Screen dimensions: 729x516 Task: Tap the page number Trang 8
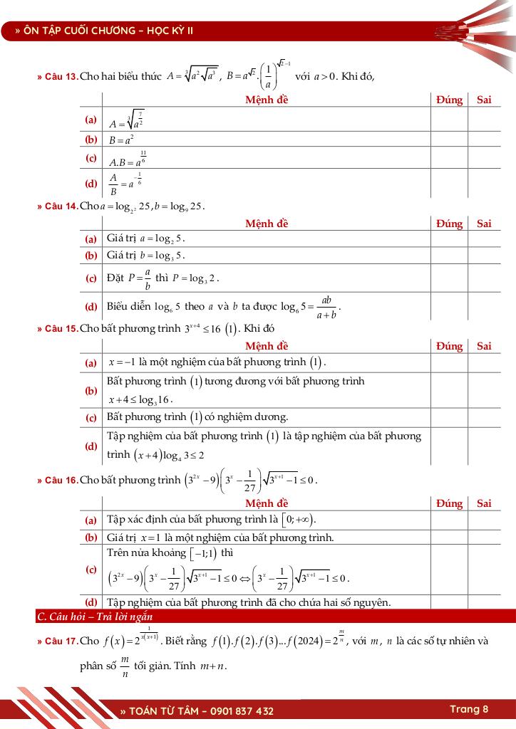tap(469, 709)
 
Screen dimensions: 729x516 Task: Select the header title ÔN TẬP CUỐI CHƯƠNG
tap(78, 31)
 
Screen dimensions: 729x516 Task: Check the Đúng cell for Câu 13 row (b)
tap(449, 140)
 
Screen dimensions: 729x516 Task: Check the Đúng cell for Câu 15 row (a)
tap(449, 362)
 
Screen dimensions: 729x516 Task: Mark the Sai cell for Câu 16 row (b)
tap(484, 537)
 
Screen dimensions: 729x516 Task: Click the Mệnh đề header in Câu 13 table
tap(267, 100)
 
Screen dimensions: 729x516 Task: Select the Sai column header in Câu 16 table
tap(484, 503)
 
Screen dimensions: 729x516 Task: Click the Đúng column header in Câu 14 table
tap(449, 224)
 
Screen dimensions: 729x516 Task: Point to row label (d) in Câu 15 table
tap(91, 446)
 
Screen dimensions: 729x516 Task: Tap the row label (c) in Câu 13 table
tap(91, 158)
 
